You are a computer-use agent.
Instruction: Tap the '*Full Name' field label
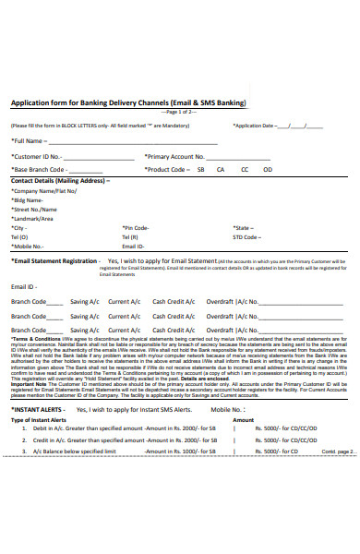(x=28, y=141)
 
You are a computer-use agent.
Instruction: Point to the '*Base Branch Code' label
(x=38, y=170)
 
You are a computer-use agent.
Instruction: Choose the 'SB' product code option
(x=200, y=170)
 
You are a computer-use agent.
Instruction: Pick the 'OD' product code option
(x=268, y=170)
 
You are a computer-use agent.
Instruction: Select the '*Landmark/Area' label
(x=31, y=219)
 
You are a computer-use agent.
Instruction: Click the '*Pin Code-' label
(x=136, y=228)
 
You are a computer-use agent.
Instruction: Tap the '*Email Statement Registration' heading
(x=54, y=261)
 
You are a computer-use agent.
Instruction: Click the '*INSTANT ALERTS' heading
(x=36, y=409)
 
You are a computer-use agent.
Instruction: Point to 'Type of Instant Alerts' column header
(x=38, y=419)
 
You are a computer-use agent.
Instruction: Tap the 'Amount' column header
(x=243, y=419)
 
